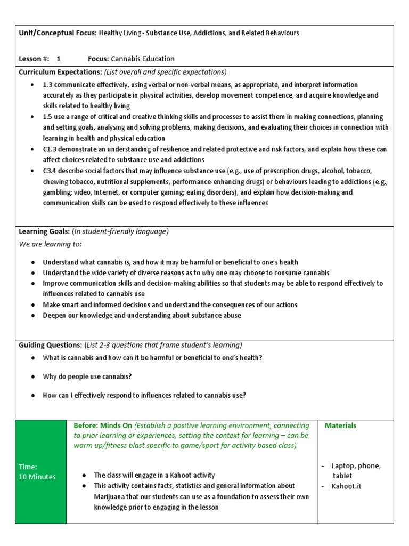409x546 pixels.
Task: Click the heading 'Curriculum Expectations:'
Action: (x=60, y=72)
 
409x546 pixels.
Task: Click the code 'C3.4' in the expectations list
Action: (x=51, y=171)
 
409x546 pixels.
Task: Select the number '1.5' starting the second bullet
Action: (x=48, y=116)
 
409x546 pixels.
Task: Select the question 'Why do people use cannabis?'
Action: (x=87, y=376)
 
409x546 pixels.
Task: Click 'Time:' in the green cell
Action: (x=28, y=466)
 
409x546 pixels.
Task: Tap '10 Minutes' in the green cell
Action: (x=37, y=477)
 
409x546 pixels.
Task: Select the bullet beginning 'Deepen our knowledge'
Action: (x=142, y=315)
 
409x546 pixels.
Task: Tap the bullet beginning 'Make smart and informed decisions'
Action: (x=170, y=304)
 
